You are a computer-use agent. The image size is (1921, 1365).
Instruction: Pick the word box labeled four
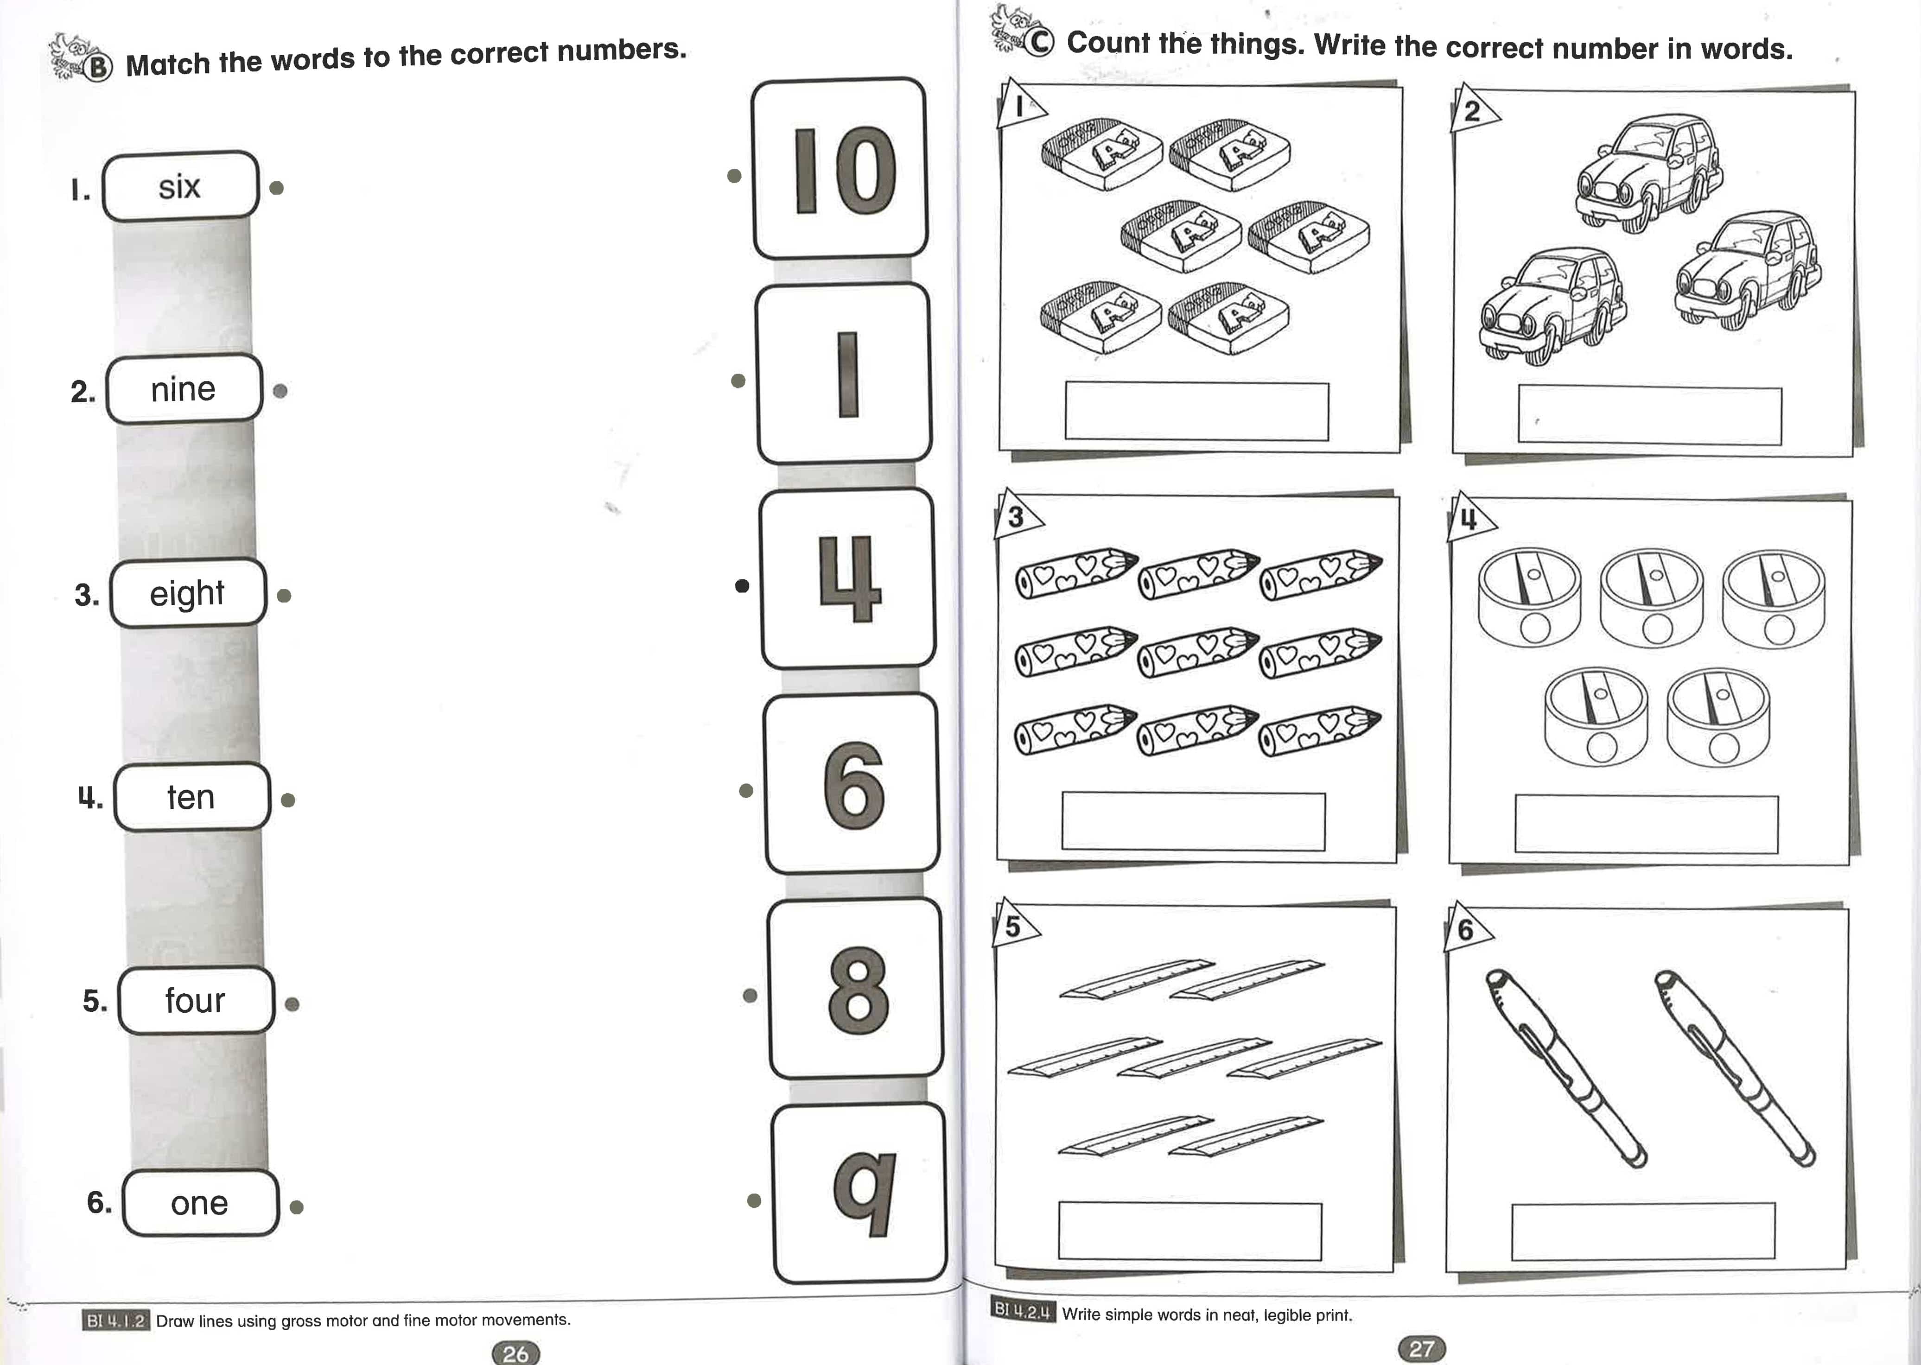(196, 1000)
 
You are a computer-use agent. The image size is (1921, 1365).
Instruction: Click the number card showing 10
(840, 169)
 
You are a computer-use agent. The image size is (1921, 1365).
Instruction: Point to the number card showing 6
(852, 784)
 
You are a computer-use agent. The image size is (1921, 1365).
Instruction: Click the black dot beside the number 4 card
(742, 586)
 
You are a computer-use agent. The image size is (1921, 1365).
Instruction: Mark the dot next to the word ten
(287, 800)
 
